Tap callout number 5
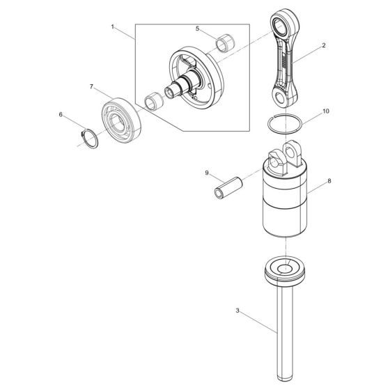coord(197,29)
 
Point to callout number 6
coord(61,114)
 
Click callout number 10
coord(325,111)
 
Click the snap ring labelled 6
coord(86,138)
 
